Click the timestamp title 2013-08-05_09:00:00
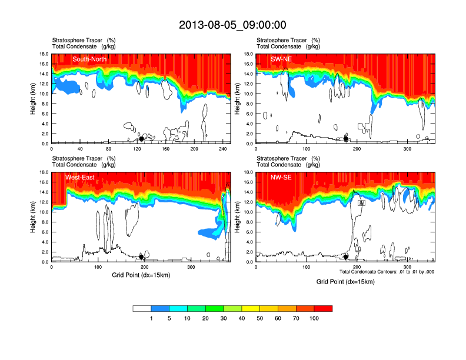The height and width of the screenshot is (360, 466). click(x=232, y=25)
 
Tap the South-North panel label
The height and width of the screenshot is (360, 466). click(x=89, y=59)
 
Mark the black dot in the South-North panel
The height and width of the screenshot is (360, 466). click(x=141, y=139)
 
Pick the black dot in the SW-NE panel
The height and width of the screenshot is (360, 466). click(x=346, y=139)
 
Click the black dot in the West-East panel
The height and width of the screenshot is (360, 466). click(x=141, y=257)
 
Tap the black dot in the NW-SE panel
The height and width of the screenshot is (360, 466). click(x=346, y=257)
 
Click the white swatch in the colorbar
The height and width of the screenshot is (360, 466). click(x=142, y=308)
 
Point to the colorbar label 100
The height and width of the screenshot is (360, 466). click(x=314, y=319)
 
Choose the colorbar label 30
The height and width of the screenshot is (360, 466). click(x=224, y=319)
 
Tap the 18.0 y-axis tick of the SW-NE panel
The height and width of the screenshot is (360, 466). click(x=248, y=54)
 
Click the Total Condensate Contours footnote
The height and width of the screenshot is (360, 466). click(x=387, y=272)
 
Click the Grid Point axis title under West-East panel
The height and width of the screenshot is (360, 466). click(x=141, y=275)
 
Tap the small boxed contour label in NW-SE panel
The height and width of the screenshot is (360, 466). click(x=362, y=203)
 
